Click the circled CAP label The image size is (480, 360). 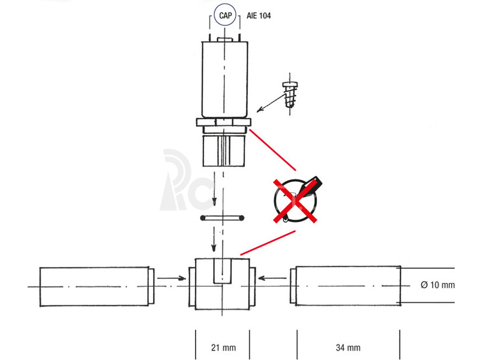click(x=226, y=14)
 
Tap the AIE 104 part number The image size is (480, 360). click(x=259, y=16)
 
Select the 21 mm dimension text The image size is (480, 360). click(x=223, y=348)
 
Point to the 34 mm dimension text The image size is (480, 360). click(x=348, y=348)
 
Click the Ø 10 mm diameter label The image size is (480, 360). click(x=438, y=285)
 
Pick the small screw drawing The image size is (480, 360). click(x=290, y=94)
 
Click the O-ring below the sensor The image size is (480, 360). click(x=222, y=218)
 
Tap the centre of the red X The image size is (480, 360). click(x=295, y=201)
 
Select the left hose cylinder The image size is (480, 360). click(x=97, y=287)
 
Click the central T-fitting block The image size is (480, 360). click(x=222, y=284)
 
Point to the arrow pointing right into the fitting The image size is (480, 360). click(x=172, y=278)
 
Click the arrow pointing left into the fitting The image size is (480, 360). click(x=272, y=278)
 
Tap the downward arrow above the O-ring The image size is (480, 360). click(x=214, y=188)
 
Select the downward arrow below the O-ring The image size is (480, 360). click(x=214, y=239)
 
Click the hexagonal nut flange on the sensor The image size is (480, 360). click(x=224, y=122)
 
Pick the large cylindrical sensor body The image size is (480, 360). click(x=224, y=79)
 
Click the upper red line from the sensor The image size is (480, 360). click(x=273, y=149)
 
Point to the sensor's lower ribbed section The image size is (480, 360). click(x=224, y=151)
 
